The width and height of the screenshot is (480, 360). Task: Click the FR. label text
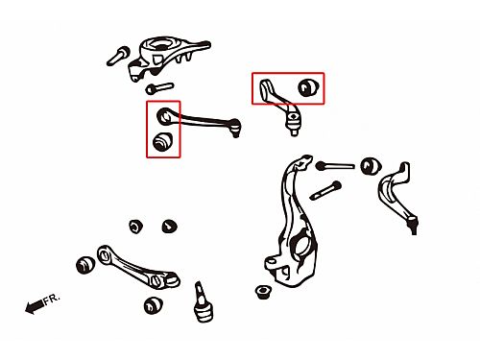pos(51,300)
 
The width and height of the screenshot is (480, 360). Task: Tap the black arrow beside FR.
pos(34,306)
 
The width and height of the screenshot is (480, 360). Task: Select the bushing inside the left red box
pos(162,141)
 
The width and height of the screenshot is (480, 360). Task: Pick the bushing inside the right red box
pos(308,86)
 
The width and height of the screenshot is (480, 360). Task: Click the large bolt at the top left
pos(118,56)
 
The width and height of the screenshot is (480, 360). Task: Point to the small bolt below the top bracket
pos(159,87)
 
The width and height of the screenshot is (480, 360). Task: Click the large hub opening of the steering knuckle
pos(300,248)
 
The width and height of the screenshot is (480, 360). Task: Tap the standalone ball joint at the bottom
pos(202,301)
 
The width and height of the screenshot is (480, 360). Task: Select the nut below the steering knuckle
pos(263,292)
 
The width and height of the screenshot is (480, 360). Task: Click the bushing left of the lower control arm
pos(85,265)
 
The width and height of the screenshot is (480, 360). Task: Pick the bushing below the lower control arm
pos(153,305)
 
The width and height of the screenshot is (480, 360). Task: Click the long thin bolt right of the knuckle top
pos(335,166)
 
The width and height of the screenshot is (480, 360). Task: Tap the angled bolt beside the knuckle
pos(325,190)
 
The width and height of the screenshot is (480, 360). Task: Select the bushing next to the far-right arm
pos(371,166)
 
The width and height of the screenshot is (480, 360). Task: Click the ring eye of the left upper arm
pos(164,116)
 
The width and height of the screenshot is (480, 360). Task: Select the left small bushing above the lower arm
pos(136,227)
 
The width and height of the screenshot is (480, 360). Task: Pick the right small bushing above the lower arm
pos(169,226)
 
